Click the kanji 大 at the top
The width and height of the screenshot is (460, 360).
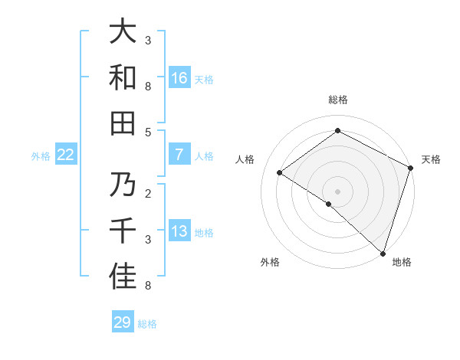click(123, 33)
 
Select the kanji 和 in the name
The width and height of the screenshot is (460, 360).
click(123, 78)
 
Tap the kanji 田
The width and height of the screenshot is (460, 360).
click(123, 123)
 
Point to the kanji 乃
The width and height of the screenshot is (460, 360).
click(123, 186)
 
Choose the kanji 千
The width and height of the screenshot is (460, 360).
click(123, 232)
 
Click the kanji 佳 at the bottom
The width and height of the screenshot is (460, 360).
click(123, 278)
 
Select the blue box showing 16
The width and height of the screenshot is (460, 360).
click(179, 78)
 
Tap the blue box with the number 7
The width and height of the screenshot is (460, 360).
click(179, 155)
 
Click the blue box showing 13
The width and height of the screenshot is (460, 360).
click(179, 232)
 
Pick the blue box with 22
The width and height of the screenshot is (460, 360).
click(65, 155)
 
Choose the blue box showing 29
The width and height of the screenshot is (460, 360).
click(123, 322)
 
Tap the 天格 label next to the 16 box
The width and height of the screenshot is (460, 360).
click(204, 79)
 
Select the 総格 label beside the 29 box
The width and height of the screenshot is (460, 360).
click(148, 323)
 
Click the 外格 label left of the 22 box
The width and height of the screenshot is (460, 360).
click(41, 156)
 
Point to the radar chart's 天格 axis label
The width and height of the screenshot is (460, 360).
click(431, 159)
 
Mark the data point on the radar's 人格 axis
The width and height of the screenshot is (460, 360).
click(280, 172)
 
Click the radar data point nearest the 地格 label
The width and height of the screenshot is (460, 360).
click(382, 252)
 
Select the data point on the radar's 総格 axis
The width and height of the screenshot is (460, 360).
click(337, 131)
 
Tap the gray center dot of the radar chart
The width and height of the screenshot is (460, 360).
click(337, 190)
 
